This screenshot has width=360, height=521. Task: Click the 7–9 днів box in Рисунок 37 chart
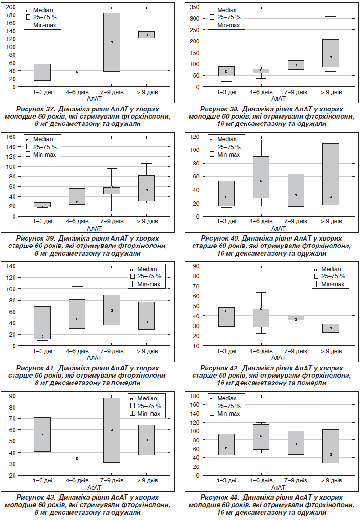(x=111, y=42)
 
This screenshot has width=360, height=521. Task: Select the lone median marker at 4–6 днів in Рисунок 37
(x=77, y=72)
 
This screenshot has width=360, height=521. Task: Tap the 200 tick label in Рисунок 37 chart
(x=11, y=7)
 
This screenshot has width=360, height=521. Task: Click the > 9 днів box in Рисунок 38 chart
(x=331, y=53)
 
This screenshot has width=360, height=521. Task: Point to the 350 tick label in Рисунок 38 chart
(x=195, y=7)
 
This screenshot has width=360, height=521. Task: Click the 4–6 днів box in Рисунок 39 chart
(x=77, y=196)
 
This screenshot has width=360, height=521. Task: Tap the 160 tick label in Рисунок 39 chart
(x=11, y=137)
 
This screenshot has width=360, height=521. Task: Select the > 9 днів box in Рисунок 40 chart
(x=331, y=174)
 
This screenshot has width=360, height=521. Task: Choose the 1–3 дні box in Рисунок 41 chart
(x=42, y=323)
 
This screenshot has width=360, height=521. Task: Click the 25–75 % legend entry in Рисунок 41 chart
(x=146, y=276)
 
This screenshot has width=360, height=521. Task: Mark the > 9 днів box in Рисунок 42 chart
(x=331, y=329)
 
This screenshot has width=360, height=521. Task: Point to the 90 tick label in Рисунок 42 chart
(x=196, y=266)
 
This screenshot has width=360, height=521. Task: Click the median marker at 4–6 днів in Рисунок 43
(x=77, y=459)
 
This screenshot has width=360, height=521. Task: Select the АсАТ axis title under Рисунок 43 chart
(x=95, y=487)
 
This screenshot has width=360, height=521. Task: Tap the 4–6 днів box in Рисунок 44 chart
(x=261, y=437)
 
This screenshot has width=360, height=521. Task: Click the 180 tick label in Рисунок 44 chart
(x=195, y=396)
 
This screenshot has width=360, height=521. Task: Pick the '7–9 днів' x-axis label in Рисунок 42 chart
(x=295, y=351)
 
